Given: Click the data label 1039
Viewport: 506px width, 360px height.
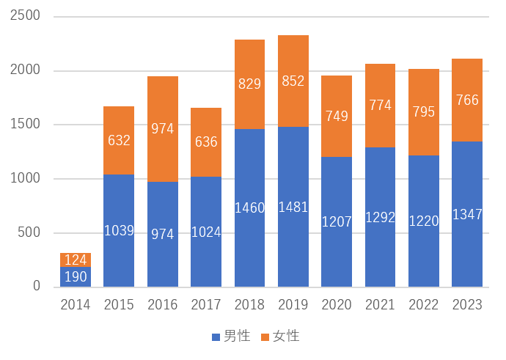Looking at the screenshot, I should [119, 231].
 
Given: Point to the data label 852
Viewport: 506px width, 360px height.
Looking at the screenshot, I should [293, 81].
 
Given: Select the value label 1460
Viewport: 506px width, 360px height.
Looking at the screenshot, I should [249, 208].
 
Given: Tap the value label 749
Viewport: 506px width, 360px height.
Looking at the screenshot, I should [337, 115].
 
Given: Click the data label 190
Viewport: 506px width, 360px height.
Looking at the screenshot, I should [76, 276].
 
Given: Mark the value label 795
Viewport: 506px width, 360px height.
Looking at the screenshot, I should [423, 112].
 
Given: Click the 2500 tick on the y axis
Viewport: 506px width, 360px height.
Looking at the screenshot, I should [26, 16].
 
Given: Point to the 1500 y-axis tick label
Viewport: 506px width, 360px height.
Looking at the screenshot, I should [26, 125].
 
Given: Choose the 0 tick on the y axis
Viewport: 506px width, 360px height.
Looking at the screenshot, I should [36, 287].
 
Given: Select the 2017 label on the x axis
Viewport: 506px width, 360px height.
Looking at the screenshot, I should [206, 305].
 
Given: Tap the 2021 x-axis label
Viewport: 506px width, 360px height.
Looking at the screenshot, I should [380, 305].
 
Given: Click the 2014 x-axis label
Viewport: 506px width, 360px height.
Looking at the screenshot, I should [76, 305].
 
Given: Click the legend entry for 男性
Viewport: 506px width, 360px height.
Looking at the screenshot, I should [231, 337].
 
